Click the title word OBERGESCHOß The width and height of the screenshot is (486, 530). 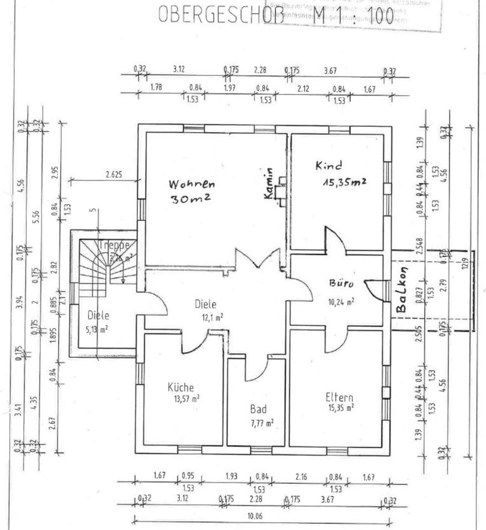pos(220,15)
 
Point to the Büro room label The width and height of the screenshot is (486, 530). pos(340,284)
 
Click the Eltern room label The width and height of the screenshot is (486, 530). pos(339,397)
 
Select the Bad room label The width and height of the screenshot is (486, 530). pos(258,410)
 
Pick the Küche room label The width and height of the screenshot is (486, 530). pos(181,388)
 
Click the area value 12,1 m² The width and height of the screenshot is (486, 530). pos(211,316)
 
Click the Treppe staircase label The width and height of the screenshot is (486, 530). pos(114,245)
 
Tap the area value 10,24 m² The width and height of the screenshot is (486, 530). pos(342,301)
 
